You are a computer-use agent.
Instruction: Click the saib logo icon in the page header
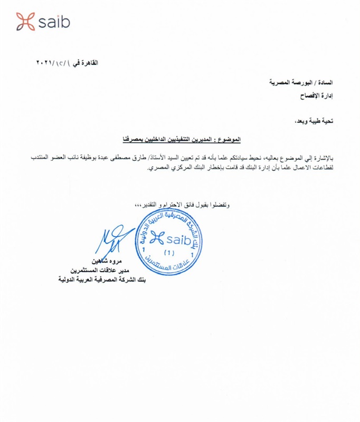pyautogui.click(x=25, y=22)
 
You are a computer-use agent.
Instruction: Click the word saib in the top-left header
pyautogui.click(x=54, y=22)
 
